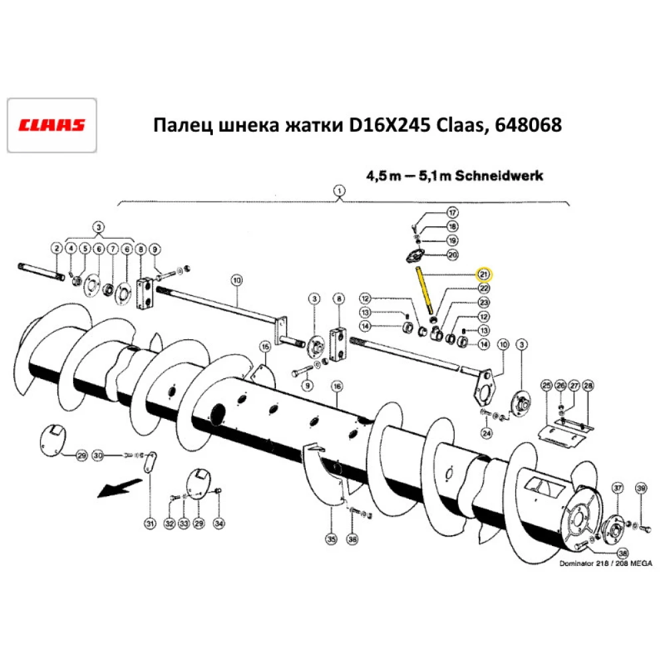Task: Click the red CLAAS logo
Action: pos(52,125)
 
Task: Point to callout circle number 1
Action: pos(340,192)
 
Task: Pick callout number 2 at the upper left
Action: pos(57,249)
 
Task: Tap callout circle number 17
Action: pos(452,213)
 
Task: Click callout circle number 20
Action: pos(452,255)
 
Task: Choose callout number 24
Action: pos(486,433)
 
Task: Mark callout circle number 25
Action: pos(547,386)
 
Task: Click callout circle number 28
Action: pos(588,386)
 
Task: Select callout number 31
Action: pos(150,524)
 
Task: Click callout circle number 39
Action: pos(641,489)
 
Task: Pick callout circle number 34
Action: pos(219,524)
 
